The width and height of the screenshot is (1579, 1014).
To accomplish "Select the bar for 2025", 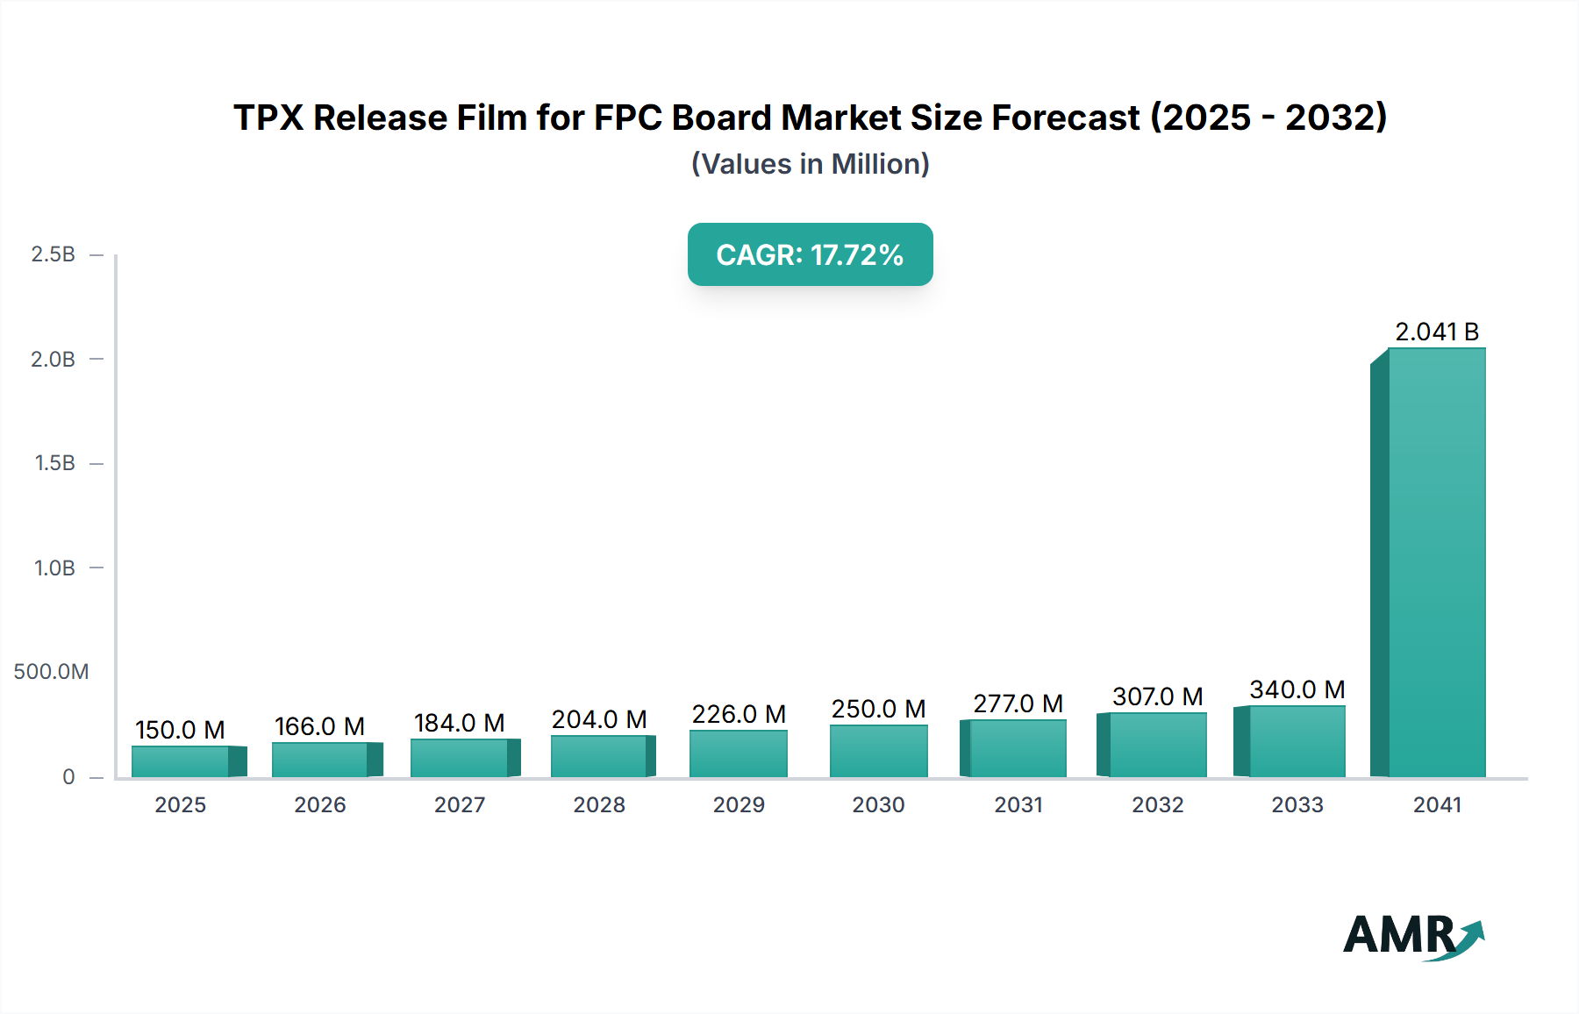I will click(x=181, y=761).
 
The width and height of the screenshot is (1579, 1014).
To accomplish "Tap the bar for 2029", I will click(x=739, y=753).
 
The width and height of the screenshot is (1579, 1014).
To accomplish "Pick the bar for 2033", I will click(x=1297, y=741).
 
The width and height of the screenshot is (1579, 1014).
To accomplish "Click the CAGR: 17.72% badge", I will click(x=810, y=254).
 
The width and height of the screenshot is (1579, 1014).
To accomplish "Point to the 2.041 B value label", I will click(x=1437, y=332).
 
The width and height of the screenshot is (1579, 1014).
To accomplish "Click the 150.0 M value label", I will click(x=180, y=730).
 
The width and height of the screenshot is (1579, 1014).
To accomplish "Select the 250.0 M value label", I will click(x=878, y=709).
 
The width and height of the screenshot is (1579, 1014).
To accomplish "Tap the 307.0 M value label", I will click(x=1157, y=696).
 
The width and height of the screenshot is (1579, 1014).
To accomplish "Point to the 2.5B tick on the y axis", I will click(x=54, y=254).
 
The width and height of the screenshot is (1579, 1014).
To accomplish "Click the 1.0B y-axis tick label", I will click(x=54, y=568).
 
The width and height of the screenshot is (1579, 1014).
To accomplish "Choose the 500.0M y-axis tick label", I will click(x=51, y=672).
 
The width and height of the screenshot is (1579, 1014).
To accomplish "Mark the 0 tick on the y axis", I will click(x=68, y=776).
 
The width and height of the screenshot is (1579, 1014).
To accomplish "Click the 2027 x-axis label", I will click(x=460, y=804).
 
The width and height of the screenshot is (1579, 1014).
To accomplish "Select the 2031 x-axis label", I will click(x=1018, y=804).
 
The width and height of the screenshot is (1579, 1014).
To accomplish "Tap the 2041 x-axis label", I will click(x=1437, y=804).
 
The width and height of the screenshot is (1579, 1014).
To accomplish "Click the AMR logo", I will click(x=1412, y=936).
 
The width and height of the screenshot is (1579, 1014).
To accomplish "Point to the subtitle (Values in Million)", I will click(x=810, y=164).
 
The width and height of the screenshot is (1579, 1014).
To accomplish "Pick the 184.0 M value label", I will click(x=459, y=723).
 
